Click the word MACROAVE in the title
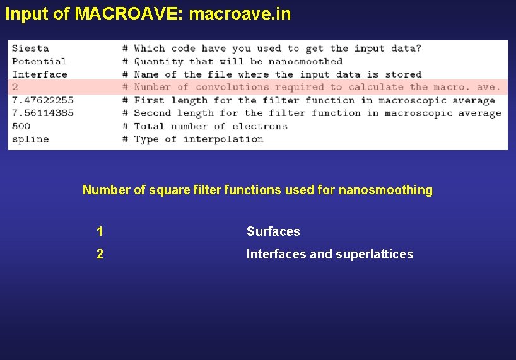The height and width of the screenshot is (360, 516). tap(127, 13)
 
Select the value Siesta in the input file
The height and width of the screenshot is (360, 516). tap(30, 48)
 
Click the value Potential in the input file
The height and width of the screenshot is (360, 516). tap(39, 61)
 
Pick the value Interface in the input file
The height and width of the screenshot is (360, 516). tap(39, 74)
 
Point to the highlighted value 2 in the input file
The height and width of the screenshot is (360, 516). tap(15, 87)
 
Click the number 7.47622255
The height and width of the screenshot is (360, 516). tap(42, 100)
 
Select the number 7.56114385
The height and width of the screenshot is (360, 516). tap(42, 113)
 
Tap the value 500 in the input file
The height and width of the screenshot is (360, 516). tap(21, 126)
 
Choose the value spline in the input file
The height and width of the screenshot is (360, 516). tap(30, 139)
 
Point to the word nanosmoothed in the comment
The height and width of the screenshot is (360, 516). tap(305, 61)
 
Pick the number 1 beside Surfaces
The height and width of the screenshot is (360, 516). tap(100, 231)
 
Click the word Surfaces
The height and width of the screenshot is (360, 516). tap(273, 231)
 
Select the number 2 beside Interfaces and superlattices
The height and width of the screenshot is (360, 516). tap(100, 254)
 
